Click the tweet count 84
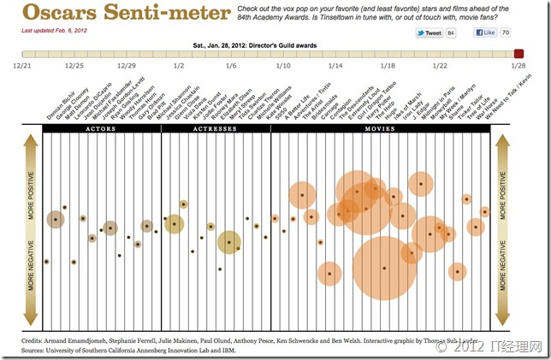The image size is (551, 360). point(452,32)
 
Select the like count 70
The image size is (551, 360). point(507,32)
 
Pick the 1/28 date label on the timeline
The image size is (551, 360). point(518,65)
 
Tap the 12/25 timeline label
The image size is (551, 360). point(74,65)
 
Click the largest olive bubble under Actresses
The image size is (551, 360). point(228,243)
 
